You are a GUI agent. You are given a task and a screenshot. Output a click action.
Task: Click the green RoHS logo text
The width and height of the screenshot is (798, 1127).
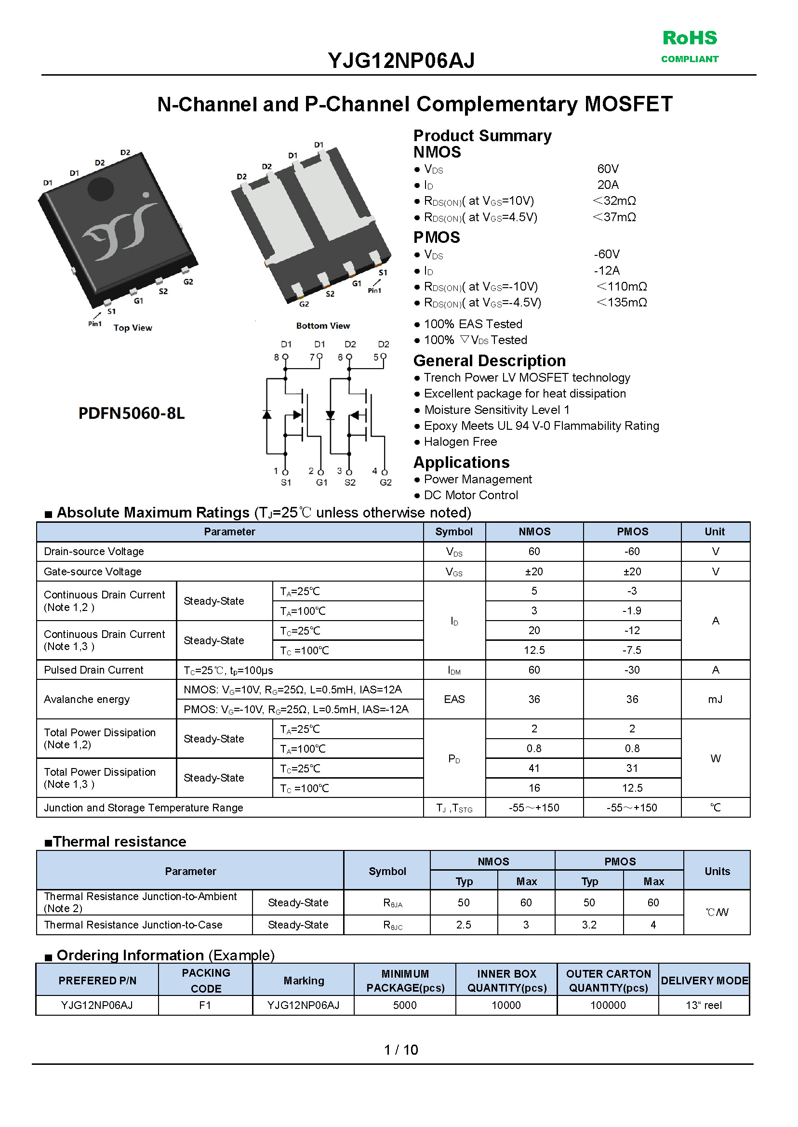tap(690, 38)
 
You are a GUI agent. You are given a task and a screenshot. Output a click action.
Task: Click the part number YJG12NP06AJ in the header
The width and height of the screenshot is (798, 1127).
tap(401, 61)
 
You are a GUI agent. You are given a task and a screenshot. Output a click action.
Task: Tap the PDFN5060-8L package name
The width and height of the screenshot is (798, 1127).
tap(131, 413)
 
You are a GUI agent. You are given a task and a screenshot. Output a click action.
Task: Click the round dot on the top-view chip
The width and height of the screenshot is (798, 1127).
tap(101, 189)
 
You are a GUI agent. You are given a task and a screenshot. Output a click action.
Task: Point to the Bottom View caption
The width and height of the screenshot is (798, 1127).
tap(323, 326)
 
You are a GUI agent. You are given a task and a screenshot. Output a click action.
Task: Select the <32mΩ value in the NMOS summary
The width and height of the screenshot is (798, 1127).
tap(614, 200)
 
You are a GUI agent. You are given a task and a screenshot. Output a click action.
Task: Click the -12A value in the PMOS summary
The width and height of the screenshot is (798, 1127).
tap(607, 270)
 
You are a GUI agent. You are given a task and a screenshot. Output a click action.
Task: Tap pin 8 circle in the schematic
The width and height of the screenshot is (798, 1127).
tap(285, 357)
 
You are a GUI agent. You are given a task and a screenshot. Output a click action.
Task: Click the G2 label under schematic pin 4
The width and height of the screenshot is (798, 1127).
tap(386, 482)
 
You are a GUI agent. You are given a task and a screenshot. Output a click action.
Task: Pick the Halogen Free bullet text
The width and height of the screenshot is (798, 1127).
tap(460, 442)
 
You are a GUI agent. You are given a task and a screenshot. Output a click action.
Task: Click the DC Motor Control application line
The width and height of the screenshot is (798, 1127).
tap(471, 495)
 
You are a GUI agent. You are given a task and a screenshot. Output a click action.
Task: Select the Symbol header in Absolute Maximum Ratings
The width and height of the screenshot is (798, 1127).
tap(453, 531)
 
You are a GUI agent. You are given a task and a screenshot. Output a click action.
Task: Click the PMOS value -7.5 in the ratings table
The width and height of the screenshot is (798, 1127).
tap(632, 650)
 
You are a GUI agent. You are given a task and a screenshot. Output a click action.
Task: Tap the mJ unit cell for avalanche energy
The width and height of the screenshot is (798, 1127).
tap(715, 699)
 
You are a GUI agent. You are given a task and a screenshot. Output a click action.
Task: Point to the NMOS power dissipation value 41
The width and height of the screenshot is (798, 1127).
tap(534, 768)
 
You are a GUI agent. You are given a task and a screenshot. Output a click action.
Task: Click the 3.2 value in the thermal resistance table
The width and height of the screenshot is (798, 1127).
tap(589, 925)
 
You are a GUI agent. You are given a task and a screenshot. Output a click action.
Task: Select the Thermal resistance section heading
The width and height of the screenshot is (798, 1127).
tap(120, 842)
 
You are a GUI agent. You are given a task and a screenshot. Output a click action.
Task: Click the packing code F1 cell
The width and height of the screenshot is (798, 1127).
tap(205, 1005)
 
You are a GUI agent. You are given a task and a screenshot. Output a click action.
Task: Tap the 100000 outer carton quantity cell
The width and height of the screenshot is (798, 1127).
tap(608, 1005)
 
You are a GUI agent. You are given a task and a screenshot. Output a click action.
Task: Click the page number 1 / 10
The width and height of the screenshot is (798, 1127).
tap(400, 1050)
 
